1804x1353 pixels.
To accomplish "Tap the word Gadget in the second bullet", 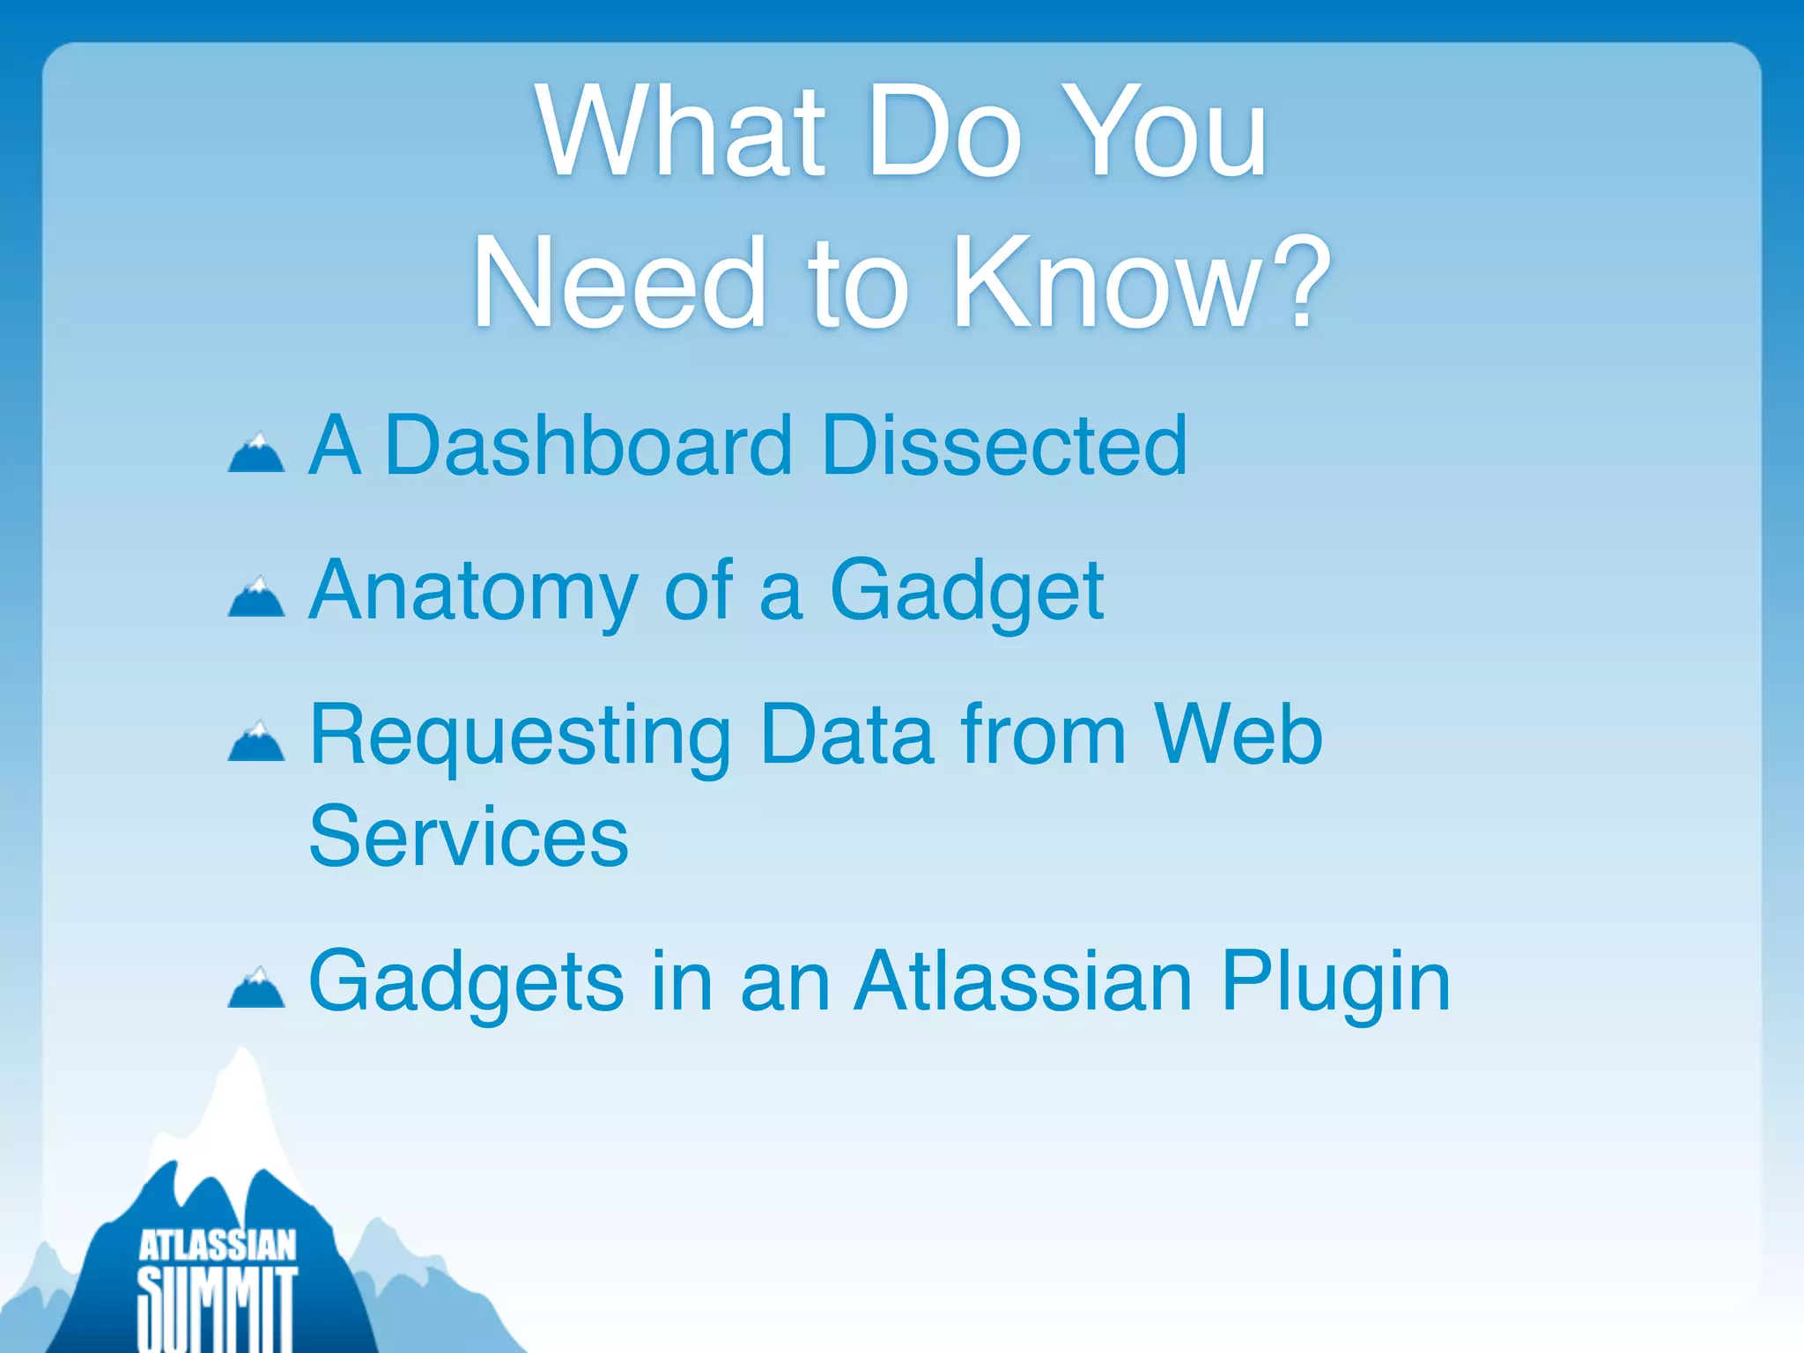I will click(x=966, y=592).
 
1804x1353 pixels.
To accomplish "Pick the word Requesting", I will click(x=521, y=736).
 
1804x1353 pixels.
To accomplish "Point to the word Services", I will click(x=469, y=836).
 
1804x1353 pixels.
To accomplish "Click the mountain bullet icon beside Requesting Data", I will click(x=256, y=741).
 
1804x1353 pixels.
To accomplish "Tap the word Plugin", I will click(x=1335, y=983).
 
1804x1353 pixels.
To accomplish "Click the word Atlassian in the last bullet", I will click(x=1024, y=981).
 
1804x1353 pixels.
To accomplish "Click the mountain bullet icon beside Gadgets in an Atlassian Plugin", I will click(x=256, y=987).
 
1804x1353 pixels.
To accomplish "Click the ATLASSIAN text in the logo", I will click(x=218, y=1246).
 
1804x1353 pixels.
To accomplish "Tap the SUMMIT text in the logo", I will click(x=218, y=1308).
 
